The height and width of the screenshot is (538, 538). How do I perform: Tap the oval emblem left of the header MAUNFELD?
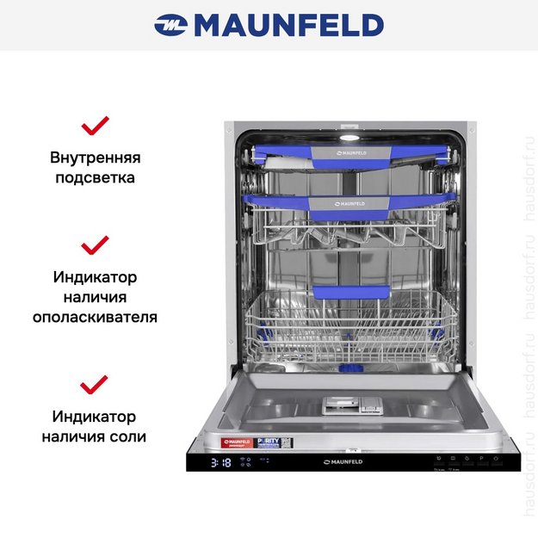pos(171,25)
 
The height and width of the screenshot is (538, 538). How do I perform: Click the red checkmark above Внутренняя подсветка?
pos(95,127)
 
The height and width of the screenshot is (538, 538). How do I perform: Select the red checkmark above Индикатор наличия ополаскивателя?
pos(95,245)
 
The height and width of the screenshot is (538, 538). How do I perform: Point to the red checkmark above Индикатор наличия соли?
pos(94,382)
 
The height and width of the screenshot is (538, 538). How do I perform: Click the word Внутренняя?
pos(95,158)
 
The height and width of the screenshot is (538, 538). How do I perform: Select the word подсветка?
pos(95,178)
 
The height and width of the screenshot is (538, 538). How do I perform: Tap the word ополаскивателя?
pos(95,316)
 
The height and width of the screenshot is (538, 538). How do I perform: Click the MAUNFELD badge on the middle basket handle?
pos(350,204)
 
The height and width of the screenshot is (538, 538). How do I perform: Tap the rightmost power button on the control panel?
pos(495,459)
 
